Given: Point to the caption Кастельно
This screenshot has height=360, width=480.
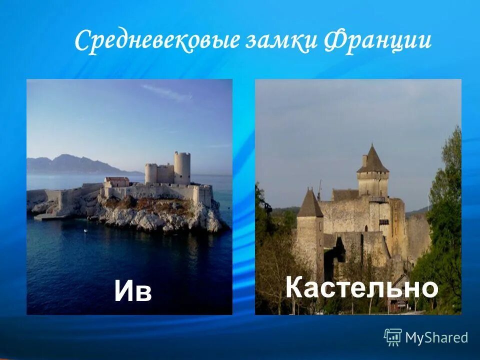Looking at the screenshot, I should coord(361,288).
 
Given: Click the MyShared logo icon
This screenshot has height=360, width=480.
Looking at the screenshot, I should coord(392,337).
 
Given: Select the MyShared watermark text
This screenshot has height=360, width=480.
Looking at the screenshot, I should coord(436,338).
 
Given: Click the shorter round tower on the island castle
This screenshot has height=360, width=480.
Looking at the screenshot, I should coord(151,173).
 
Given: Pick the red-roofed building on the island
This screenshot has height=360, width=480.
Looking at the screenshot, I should coord(117,180).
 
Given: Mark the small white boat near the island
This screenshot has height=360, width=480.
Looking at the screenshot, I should coord(85,230).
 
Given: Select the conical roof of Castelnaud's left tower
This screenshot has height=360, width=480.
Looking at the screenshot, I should coord(310,203).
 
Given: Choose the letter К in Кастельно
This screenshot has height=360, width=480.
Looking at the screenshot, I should coord(295,288).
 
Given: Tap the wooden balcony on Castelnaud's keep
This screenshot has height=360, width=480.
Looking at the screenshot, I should coord(378,199).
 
